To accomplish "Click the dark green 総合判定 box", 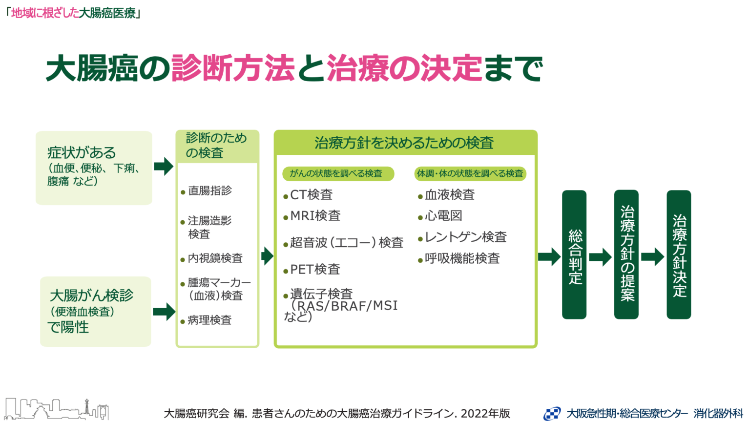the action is pos(574,254).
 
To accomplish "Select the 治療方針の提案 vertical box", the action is pos(626,254).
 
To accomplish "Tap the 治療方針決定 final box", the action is pos(679,254).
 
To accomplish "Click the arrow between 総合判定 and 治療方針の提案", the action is pos(600,257).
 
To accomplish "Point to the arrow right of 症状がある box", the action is pos(164,166).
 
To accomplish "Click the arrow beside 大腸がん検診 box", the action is pos(164,312).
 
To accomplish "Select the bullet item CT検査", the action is pos(308,195).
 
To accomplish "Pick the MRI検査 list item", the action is pos(312,216).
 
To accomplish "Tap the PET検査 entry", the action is pos(312,270).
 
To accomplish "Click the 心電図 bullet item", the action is pos(440,216).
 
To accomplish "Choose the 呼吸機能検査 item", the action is pos(459,258).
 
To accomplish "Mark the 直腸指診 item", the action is pos(206,191).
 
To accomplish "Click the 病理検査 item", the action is pos(206,320).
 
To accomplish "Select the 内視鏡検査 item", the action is pos(211,258).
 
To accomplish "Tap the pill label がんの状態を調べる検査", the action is pos(338,173).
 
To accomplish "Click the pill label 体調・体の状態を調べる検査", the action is pos(470,173).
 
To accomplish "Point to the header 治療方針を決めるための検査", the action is pos(404,143).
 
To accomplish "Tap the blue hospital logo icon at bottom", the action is pos(552,413).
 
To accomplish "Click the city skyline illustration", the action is pos(57,409).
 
